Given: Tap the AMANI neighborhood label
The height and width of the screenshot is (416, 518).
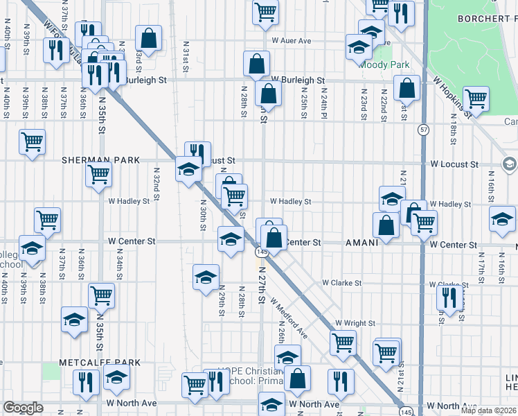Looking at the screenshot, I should pos(362,243).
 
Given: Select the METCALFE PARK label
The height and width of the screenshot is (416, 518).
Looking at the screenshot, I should pos(99,363).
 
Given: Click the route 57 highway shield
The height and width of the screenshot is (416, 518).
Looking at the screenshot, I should pos(423,130).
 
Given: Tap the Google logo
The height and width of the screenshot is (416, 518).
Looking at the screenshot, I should pos(24,408).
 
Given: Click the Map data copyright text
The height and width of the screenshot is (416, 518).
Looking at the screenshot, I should pos(487,408).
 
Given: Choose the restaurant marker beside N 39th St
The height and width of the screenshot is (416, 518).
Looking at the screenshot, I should pos(53,50).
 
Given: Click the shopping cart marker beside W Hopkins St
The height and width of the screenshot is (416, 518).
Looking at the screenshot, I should pos(476,98).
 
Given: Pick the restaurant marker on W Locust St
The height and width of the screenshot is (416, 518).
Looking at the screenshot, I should pos(197,152).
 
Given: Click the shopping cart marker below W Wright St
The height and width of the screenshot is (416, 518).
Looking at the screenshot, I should pos(343,342).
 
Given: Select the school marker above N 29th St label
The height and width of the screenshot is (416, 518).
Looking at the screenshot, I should pos(206,277).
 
